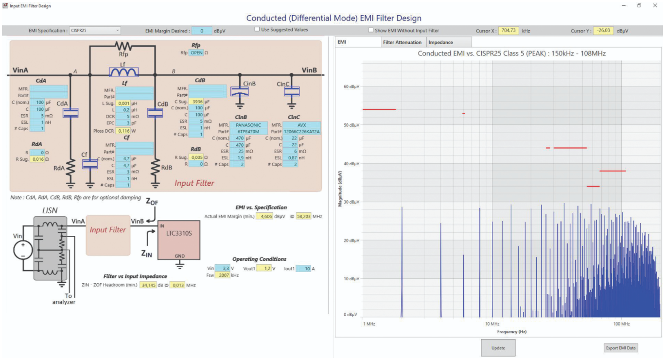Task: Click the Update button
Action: pos(498,348)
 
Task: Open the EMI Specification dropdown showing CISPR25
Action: pos(95,31)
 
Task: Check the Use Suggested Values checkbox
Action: pos(258,30)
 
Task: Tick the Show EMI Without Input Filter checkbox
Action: pos(371,31)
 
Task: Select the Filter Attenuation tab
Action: pos(402,42)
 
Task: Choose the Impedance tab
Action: pos(440,42)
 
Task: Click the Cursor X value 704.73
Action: pos(508,31)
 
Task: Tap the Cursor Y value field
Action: pos(604,31)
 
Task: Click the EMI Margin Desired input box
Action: pos(202,31)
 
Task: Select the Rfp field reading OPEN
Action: pos(196,52)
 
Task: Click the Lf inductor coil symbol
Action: pos(123,72)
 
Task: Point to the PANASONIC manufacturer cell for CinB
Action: pos(248,125)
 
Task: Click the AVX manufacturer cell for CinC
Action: pos(301,125)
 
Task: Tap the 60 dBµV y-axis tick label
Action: pos(350,86)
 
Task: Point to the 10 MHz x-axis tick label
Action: pos(492,324)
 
